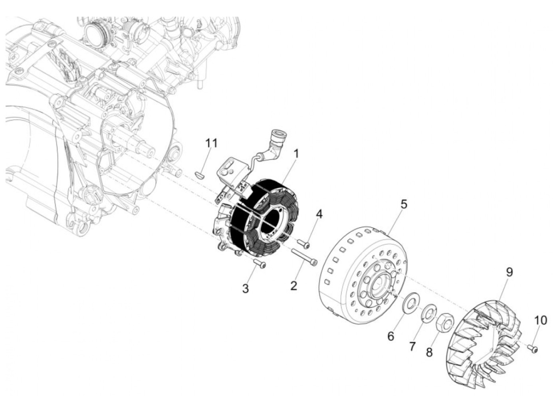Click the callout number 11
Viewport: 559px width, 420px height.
(212, 143)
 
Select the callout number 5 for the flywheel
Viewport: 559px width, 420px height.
(404, 204)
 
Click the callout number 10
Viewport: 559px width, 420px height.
(541, 320)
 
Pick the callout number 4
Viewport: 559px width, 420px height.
(319, 214)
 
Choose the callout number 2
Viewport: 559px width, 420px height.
(294, 285)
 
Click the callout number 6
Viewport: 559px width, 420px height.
(391, 336)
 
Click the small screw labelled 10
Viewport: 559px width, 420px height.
(533, 349)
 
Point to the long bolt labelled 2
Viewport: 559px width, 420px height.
(304, 256)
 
